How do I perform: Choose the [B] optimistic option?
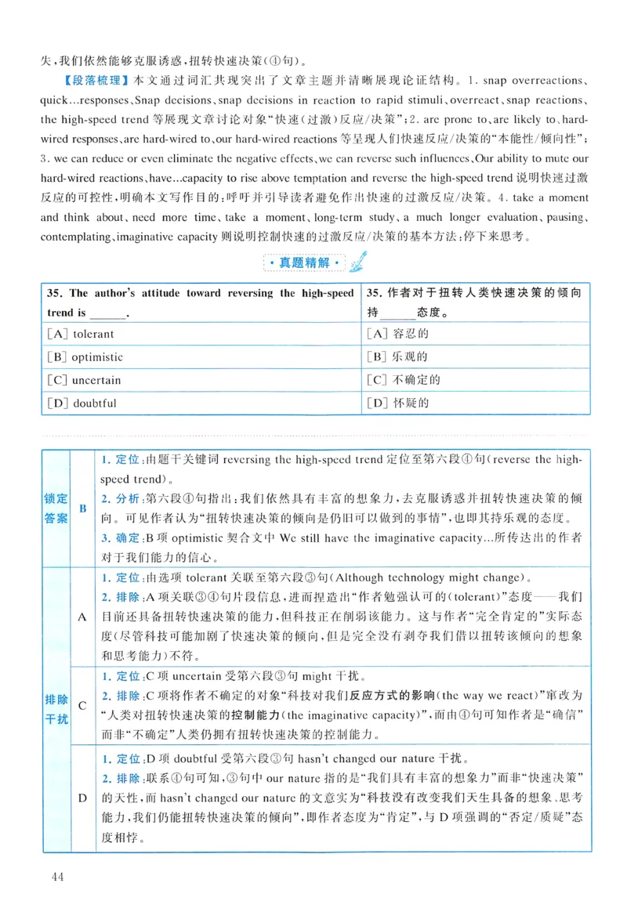pyautogui.click(x=85, y=357)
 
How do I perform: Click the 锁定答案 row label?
pyautogui.click(x=56, y=508)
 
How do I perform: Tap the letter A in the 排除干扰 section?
pyautogui.click(x=83, y=617)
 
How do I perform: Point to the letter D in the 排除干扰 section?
pyautogui.click(x=83, y=798)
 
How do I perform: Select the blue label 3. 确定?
pyautogui.click(x=120, y=538)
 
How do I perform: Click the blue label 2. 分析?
pyautogui.click(x=120, y=498)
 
